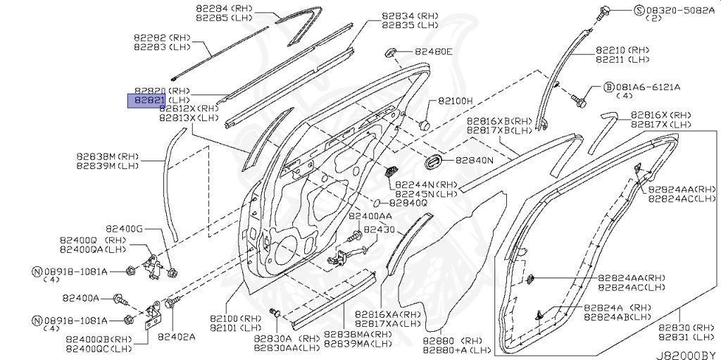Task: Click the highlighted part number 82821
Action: click(x=146, y=101)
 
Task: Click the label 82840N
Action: click(x=474, y=160)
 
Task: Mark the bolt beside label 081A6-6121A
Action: click(x=580, y=97)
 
